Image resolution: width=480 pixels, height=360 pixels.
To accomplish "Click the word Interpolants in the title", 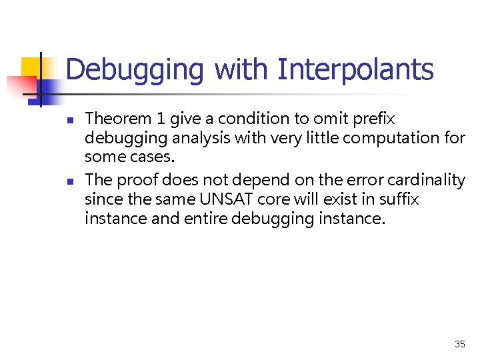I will [355, 70].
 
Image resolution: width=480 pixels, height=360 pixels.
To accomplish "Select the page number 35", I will [459, 344].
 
